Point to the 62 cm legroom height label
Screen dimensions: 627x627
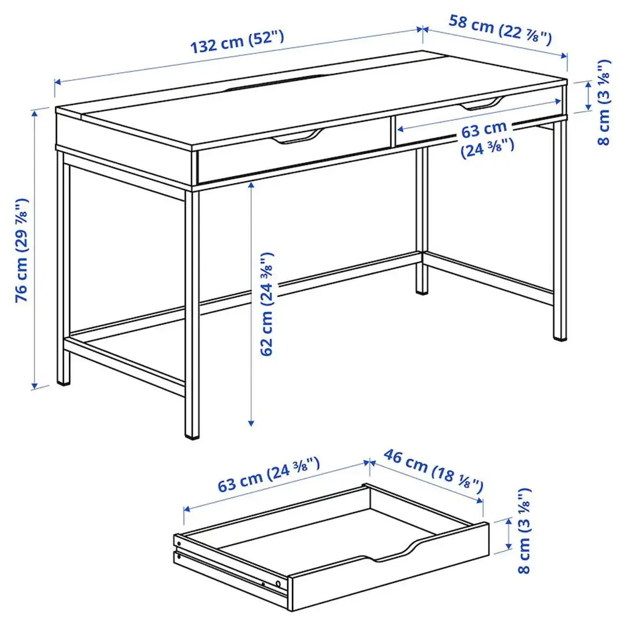click(x=266, y=303)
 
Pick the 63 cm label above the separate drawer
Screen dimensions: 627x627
click(x=269, y=474)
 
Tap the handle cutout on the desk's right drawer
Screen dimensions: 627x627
click(x=480, y=105)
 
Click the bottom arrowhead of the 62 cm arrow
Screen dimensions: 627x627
click(x=251, y=423)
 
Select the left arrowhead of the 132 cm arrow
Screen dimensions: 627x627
click(x=56, y=81)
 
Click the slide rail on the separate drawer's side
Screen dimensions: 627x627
click(x=232, y=571)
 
